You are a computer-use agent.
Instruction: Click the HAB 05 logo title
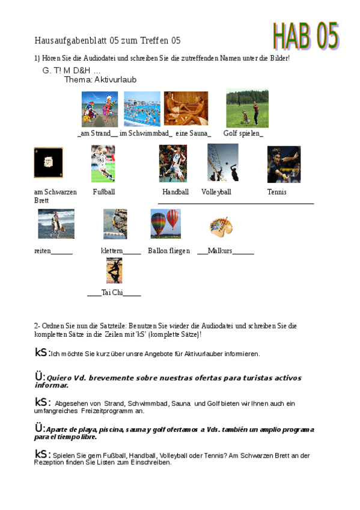tap(307, 35)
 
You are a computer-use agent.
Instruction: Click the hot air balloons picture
tap(165, 224)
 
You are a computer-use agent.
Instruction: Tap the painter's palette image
tap(220, 227)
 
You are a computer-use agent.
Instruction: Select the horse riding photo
tap(56, 224)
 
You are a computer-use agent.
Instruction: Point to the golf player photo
tap(247, 108)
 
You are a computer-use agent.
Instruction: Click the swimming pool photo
tap(142, 108)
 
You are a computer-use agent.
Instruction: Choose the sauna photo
tap(186, 108)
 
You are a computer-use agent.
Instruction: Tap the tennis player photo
tap(284, 164)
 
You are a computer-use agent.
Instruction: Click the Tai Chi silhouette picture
tap(114, 270)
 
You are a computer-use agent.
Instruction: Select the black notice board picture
tap(48, 162)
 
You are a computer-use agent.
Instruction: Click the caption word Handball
tap(175, 192)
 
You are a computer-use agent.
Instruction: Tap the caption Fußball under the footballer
tap(104, 192)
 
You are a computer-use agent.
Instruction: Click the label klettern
tap(112, 251)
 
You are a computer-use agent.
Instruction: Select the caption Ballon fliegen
tap(169, 251)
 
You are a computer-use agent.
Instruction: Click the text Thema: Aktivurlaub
tap(100, 79)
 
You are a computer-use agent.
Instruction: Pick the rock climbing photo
tap(115, 224)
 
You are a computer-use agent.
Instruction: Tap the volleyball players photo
tap(222, 162)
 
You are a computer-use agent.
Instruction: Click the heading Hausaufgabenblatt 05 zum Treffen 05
tap(108, 40)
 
